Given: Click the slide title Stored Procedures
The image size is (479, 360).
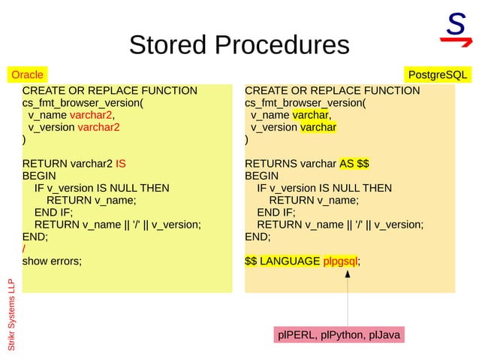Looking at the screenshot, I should pyautogui.click(x=239, y=44).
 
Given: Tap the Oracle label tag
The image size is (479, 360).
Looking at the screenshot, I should pyautogui.click(x=27, y=75).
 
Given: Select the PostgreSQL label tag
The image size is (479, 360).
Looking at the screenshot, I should pyautogui.click(x=437, y=75).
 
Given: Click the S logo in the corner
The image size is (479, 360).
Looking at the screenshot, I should pyautogui.click(x=455, y=28).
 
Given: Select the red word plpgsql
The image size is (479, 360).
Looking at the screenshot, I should pyautogui.click(x=340, y=261).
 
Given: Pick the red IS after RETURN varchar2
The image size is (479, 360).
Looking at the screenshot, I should pyautogui.click(x=121, y=164).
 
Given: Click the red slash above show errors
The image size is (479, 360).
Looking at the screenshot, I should pyautogui.click(x=24, y=249).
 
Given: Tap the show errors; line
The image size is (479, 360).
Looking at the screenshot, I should pyautogui.click(x=52, y=261).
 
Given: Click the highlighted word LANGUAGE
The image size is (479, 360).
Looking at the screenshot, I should pyautogui.click(x=290, y=261).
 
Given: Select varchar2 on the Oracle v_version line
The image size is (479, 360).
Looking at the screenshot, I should pyautogui.click(x=98, y=128).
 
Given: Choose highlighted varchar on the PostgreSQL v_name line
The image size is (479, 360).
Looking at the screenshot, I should pyautogui.click(x=309, y=116).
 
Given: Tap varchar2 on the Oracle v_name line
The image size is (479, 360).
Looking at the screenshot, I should pyautogui.click(x=91, y=116).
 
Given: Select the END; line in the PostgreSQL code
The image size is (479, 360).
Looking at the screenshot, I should pyautogui.click(x=258, y=236).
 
